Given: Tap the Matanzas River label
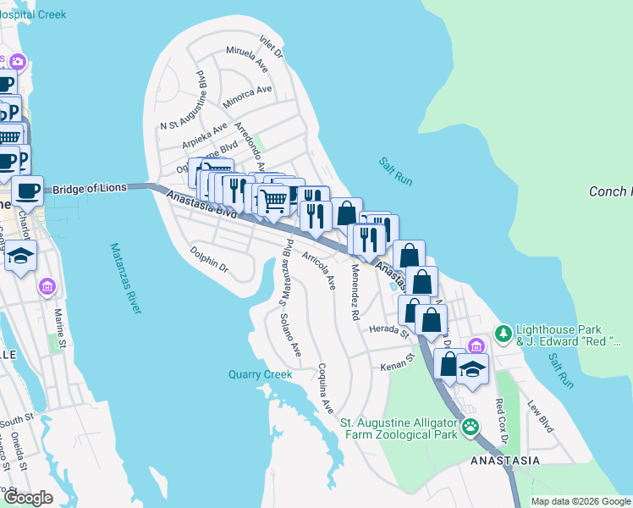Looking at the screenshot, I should coord(124,279).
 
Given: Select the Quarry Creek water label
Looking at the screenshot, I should coord(260,374).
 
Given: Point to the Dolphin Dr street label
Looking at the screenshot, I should coord(209,258).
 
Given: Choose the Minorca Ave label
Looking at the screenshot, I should coord(247,98).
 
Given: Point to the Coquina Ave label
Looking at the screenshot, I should coord(326,389).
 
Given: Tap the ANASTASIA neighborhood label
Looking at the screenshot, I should coord(505,461).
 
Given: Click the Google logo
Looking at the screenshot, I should coord(27,497).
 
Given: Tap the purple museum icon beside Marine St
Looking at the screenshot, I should coord(47,287).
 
